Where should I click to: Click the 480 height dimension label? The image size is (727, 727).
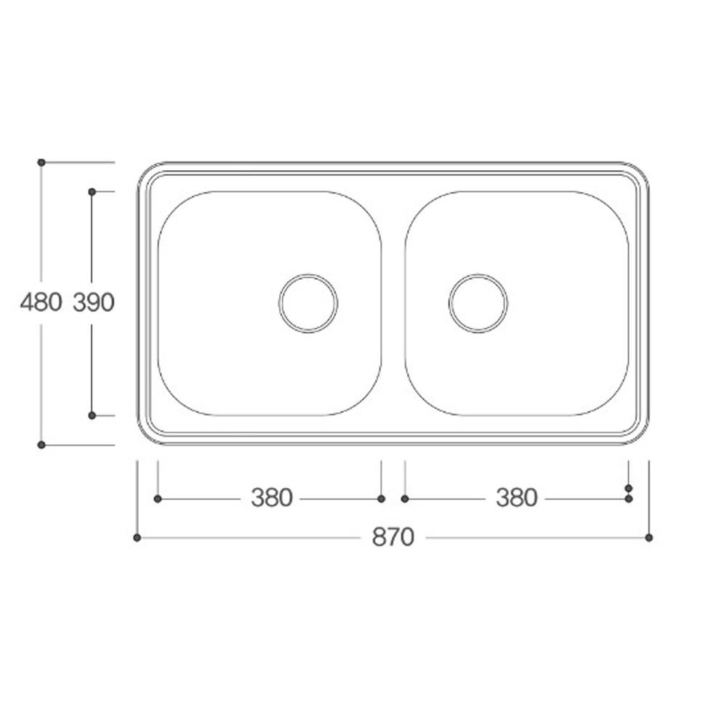pos(41,302)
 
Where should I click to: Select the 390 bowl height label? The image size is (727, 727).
pos(94,302)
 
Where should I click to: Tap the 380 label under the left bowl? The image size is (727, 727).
pos(271,498)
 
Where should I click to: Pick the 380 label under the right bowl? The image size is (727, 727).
pos(516,498)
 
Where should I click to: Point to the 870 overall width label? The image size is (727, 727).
pos(393,537)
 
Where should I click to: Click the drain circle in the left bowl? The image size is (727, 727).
pos(309,303)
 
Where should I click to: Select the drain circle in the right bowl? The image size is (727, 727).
pos(478,303)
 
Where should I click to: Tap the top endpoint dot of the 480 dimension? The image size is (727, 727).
pos(41,161)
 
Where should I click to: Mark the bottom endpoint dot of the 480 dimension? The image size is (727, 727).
pos(41,444)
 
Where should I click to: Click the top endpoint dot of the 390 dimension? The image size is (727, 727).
pos(92,191)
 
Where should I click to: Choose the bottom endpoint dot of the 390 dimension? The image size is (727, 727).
pos(92,415)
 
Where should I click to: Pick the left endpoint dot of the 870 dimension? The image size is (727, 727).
pos(137,538)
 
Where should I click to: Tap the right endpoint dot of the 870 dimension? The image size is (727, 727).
pos(649,538)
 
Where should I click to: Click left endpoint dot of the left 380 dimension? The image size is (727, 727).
pos(158,499)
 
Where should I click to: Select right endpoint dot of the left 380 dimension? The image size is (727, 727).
pos(382,499)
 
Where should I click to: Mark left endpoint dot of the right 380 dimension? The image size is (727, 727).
pos(405,499)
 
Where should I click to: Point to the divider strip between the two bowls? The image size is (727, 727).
pos(393,303)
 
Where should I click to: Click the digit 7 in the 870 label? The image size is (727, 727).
pos(393,537)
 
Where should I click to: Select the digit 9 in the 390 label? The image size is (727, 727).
pos(94,302)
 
